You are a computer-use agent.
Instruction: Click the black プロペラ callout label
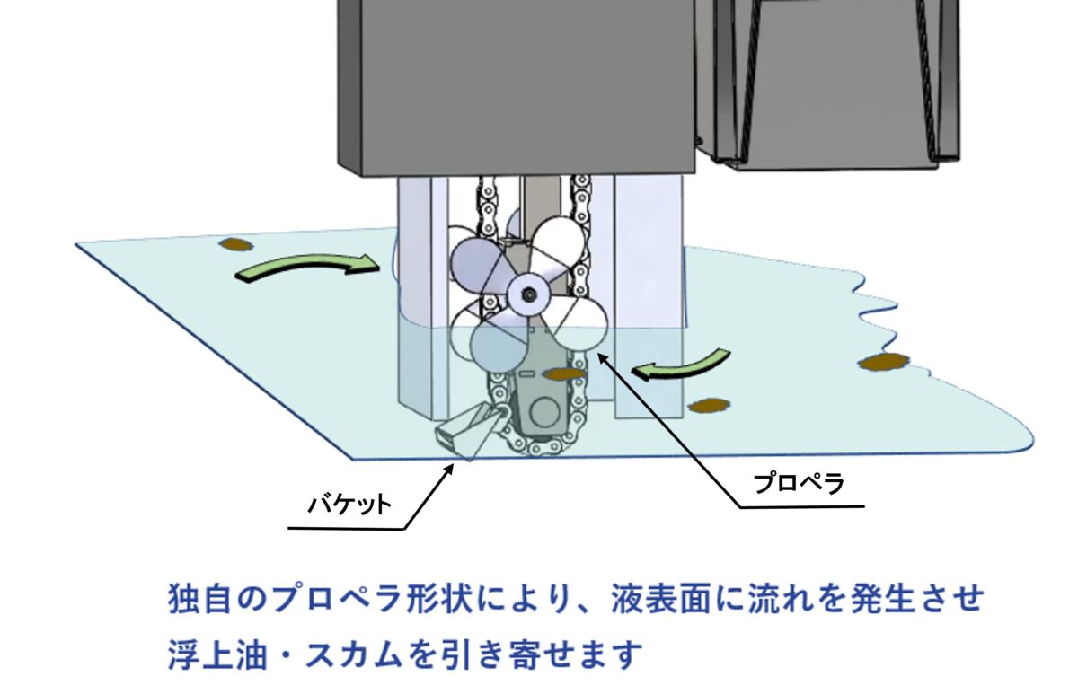click(799, 483)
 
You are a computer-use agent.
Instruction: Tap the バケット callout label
click(349, 505)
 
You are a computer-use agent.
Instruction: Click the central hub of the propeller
click(529, 294)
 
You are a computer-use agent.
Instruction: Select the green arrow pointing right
click(308, 267)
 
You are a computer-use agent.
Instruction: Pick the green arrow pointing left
click(684, 366)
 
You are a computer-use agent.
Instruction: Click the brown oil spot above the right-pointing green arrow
click(235, 245)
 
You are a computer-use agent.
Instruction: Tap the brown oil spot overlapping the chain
click(564, 373)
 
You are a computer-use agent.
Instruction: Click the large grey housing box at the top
click(517, 86)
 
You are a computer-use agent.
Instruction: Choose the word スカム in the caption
click(354, 654)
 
